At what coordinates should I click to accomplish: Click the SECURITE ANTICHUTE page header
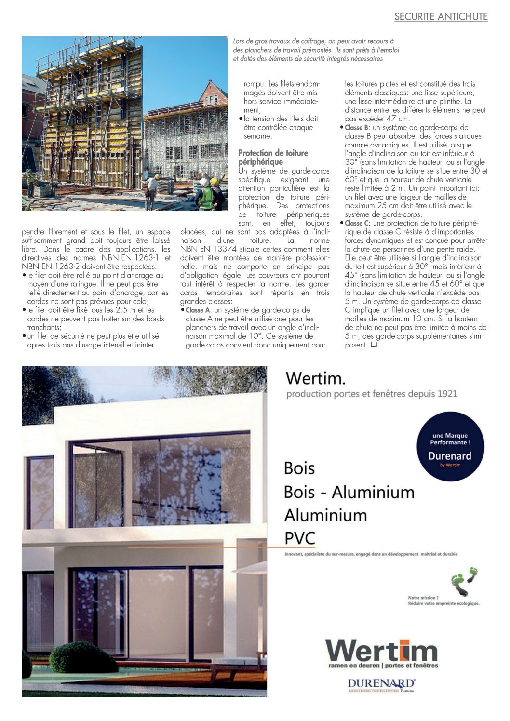coord(441,17)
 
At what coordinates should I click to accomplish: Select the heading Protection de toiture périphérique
coord(273,158)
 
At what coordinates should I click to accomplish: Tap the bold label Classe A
coord(198,310)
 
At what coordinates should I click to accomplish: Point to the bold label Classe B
coord(357,128)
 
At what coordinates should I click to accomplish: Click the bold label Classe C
coord(357,223)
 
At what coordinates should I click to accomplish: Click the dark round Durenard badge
coord(450,446)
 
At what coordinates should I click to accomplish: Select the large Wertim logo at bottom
coord(382,652)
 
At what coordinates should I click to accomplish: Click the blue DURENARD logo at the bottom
coord(381,684)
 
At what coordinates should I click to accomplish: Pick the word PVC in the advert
coord(299,538)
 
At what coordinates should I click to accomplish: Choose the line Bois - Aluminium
coord(349,492)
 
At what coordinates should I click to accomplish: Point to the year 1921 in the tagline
coord(447,394)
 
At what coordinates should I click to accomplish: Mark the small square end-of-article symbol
coord(374,345)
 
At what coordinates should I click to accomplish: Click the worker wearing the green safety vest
coord(206,195)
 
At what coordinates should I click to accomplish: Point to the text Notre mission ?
coord(423,598)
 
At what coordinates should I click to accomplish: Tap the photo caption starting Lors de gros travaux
coord(316,50)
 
